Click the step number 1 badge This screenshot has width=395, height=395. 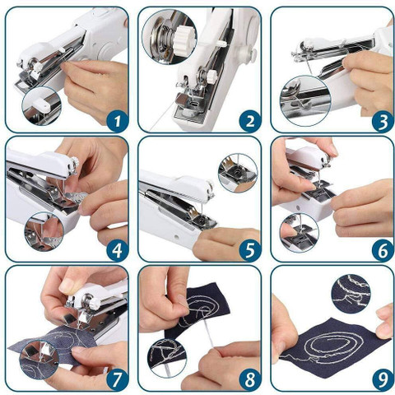point(118,121)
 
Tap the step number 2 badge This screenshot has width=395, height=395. point(250,121)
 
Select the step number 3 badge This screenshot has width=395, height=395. point(383,121)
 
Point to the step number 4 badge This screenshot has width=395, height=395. point(118,250)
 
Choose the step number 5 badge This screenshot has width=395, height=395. point(250,250)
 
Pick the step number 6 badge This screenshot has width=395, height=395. point(383,250)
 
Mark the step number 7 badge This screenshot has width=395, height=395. point(118,379)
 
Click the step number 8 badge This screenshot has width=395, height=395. point(250,379)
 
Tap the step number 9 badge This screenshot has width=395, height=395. point(383,379)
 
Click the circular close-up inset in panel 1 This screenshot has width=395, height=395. point(42,106)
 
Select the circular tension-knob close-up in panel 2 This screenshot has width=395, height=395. point(170,37)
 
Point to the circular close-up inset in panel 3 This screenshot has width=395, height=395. point(305,101)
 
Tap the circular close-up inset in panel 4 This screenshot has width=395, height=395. point(44,231)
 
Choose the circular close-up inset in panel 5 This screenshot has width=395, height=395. point(238,173)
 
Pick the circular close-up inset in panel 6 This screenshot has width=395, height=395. point(300,233)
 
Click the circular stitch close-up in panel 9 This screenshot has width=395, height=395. point(351,294)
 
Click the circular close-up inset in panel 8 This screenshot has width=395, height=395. point(167,357)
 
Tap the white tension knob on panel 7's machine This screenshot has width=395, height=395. point(95,304)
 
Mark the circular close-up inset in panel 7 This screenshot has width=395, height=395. point(39,360)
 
